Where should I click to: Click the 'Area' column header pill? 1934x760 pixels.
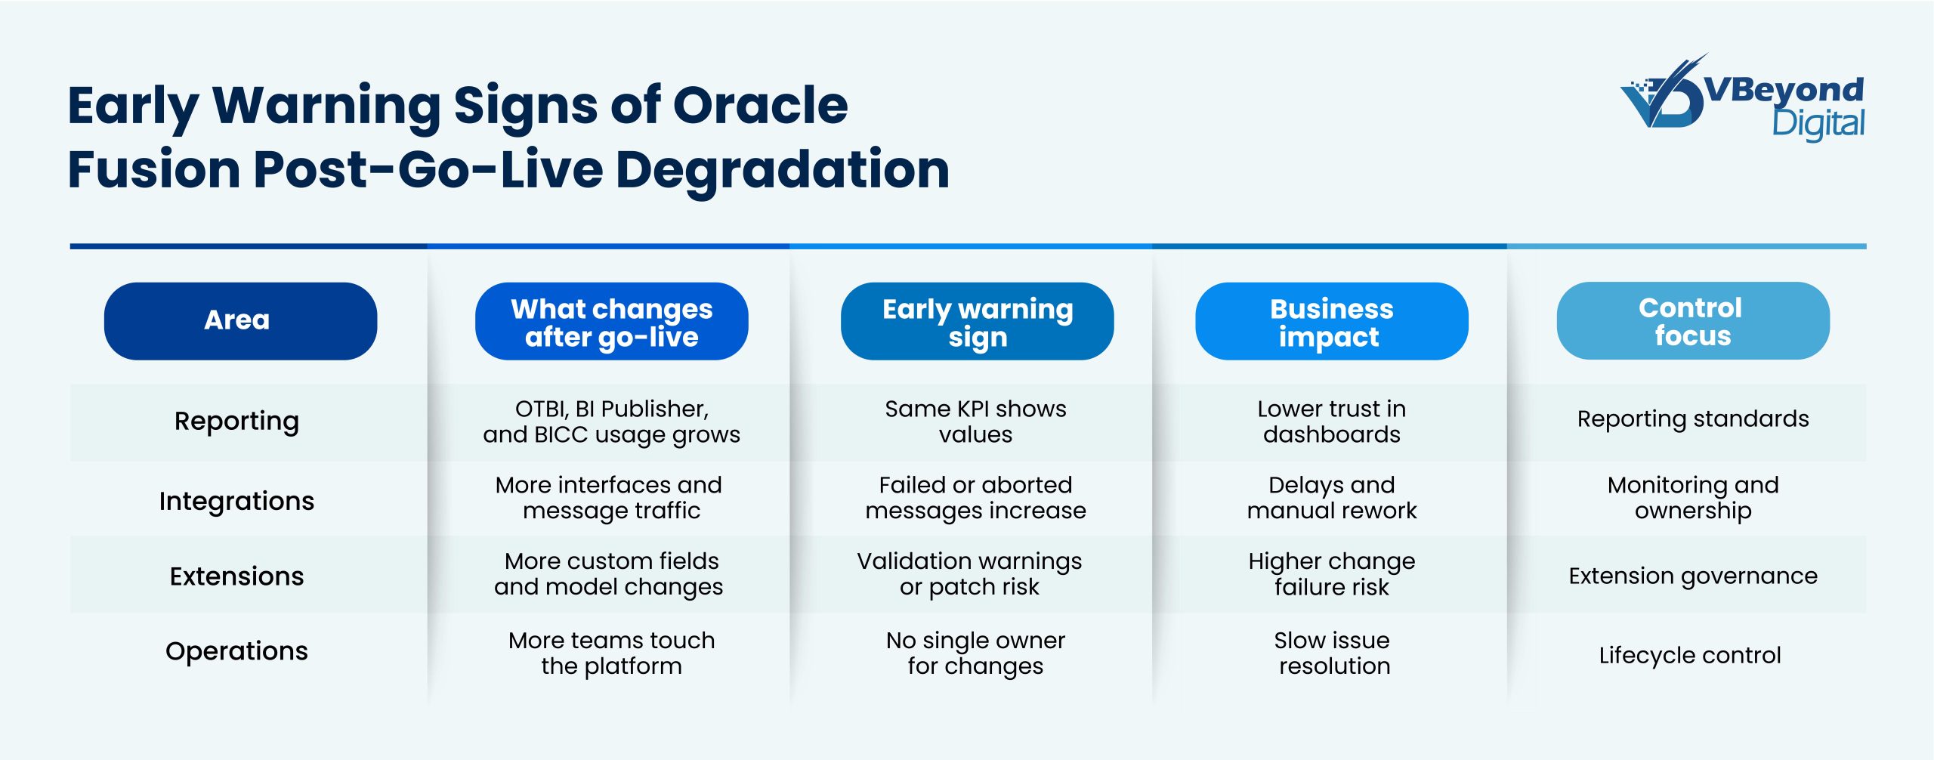pyautogui.click(x=240, y=321)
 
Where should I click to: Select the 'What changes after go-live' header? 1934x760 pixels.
pyautogui.click(x=611, y=322)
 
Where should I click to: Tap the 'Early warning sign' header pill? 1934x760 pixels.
pyautogui.click(x=977, y=322)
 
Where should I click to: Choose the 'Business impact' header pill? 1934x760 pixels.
pyautogui.click(x=1331, y=322)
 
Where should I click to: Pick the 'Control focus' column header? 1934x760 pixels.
pyautogui.click(x=1692, y=321)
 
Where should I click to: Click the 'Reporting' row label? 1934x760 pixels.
pyautogui.click(x=236, y=421)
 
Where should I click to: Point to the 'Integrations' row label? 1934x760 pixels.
pyautogui.click(x=236, y=501)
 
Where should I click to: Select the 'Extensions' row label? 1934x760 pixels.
pyautogui.click(x=236, y=576)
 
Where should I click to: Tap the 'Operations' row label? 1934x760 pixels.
pyautogui.click(x=236, y=651)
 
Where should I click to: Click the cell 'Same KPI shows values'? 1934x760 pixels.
pyautogui.click(x=975, y=422)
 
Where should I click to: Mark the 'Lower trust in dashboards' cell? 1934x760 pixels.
pyautogui.click(x=1331, y=422)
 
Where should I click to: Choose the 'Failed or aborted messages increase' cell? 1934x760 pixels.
pyautogui.click(x=975, y=498)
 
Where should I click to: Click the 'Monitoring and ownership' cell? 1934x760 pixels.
pyautogui.click(x=1692, y=498)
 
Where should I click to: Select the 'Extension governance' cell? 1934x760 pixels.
pyautogui.click(x=1692, y=576)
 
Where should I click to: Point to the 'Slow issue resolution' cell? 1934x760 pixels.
pyautogui.click(x=1332, y=653)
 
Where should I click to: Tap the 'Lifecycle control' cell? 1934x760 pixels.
pyautogui.click(x=1690, y=655)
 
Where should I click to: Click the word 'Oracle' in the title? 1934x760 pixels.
pyautogui.click(x=760, y=105)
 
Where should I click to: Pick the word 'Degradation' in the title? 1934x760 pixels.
pyautogui.click(x=783, y=169)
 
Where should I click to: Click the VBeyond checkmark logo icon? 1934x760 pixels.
pyautogui.click(x=1662, y=94)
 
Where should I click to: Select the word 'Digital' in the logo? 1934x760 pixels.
pyautogui.click(x=1818, y=124)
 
